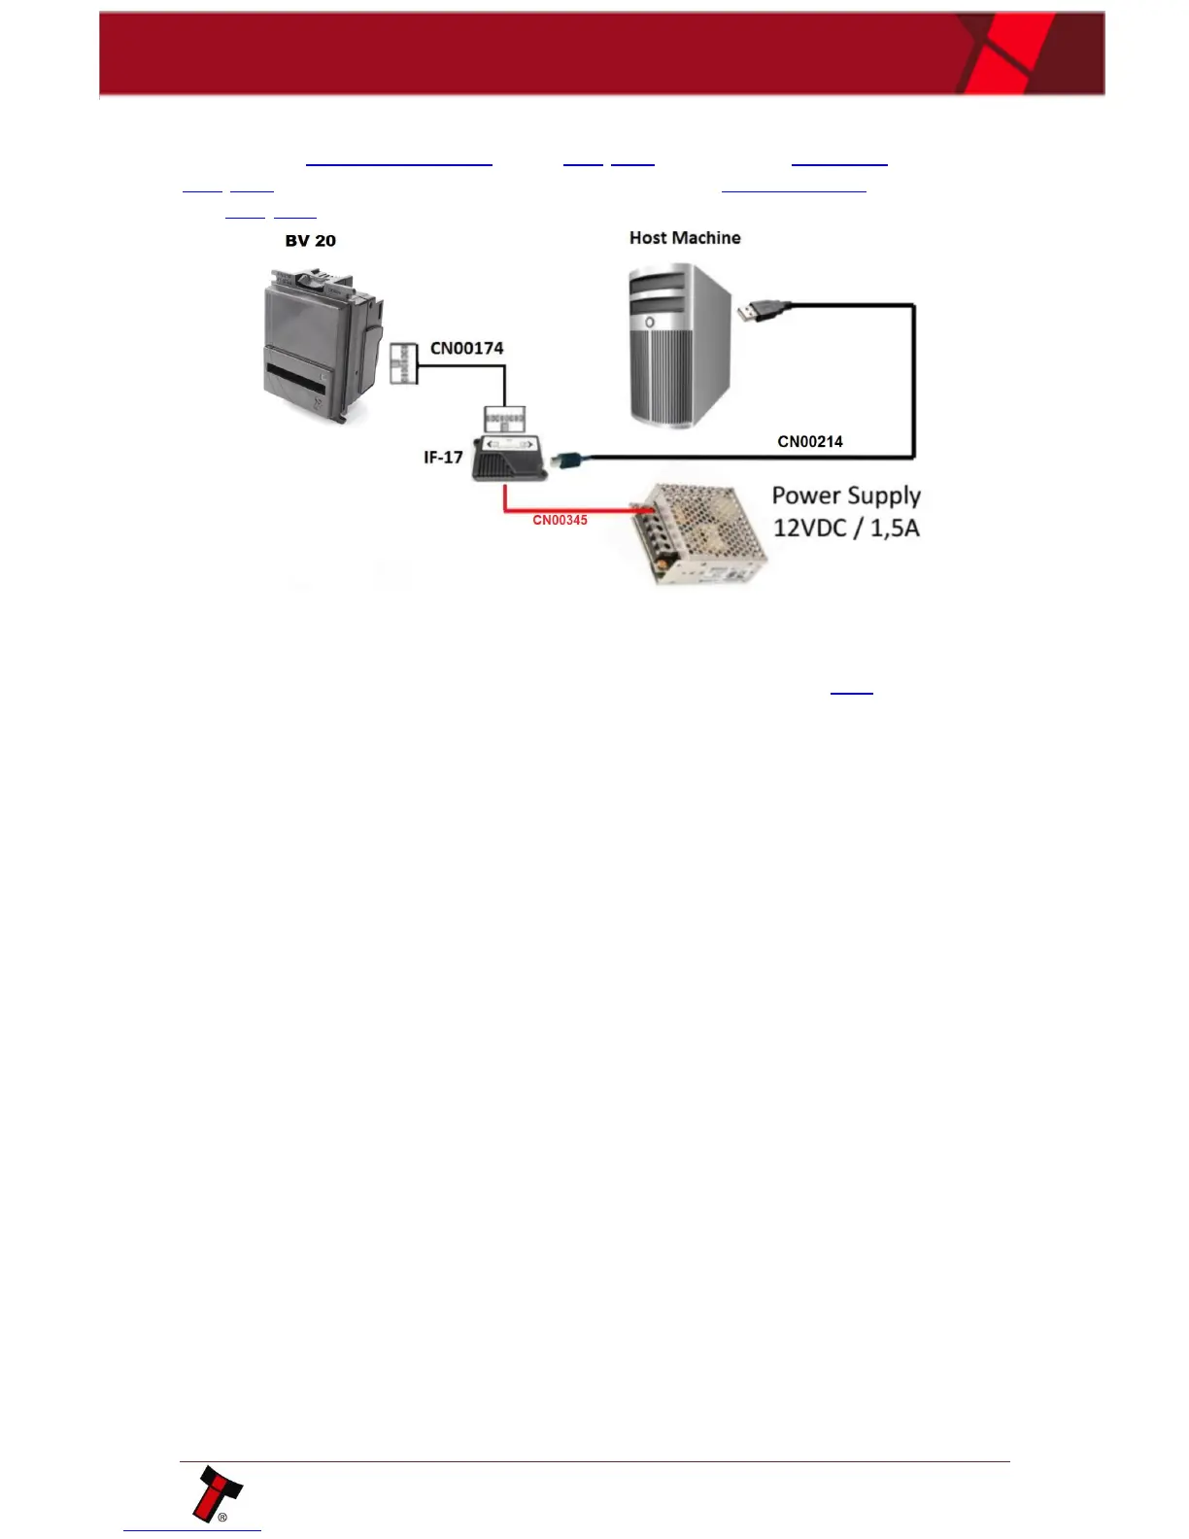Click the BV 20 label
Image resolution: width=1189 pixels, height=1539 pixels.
(310, 241)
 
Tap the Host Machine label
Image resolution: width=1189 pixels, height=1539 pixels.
(685, 238)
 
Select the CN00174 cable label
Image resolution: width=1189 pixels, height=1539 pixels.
(466, 348)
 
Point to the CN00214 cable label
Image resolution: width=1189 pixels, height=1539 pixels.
(810, 441)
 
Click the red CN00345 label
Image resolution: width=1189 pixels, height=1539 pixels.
(560, 520)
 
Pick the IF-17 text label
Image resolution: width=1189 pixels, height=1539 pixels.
(443, 457)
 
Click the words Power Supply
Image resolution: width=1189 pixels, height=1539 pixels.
(846, 496)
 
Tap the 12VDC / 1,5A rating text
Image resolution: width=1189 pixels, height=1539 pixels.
(846, 529)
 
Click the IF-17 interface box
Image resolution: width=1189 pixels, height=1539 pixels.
(508, 459)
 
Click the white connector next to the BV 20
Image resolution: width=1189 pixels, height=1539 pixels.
(403, 363)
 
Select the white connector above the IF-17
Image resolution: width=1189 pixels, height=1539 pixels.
(504, 419)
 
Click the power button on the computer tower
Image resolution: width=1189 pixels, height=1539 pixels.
(649, 322)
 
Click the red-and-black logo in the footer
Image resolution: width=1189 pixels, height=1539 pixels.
(216, 1495)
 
